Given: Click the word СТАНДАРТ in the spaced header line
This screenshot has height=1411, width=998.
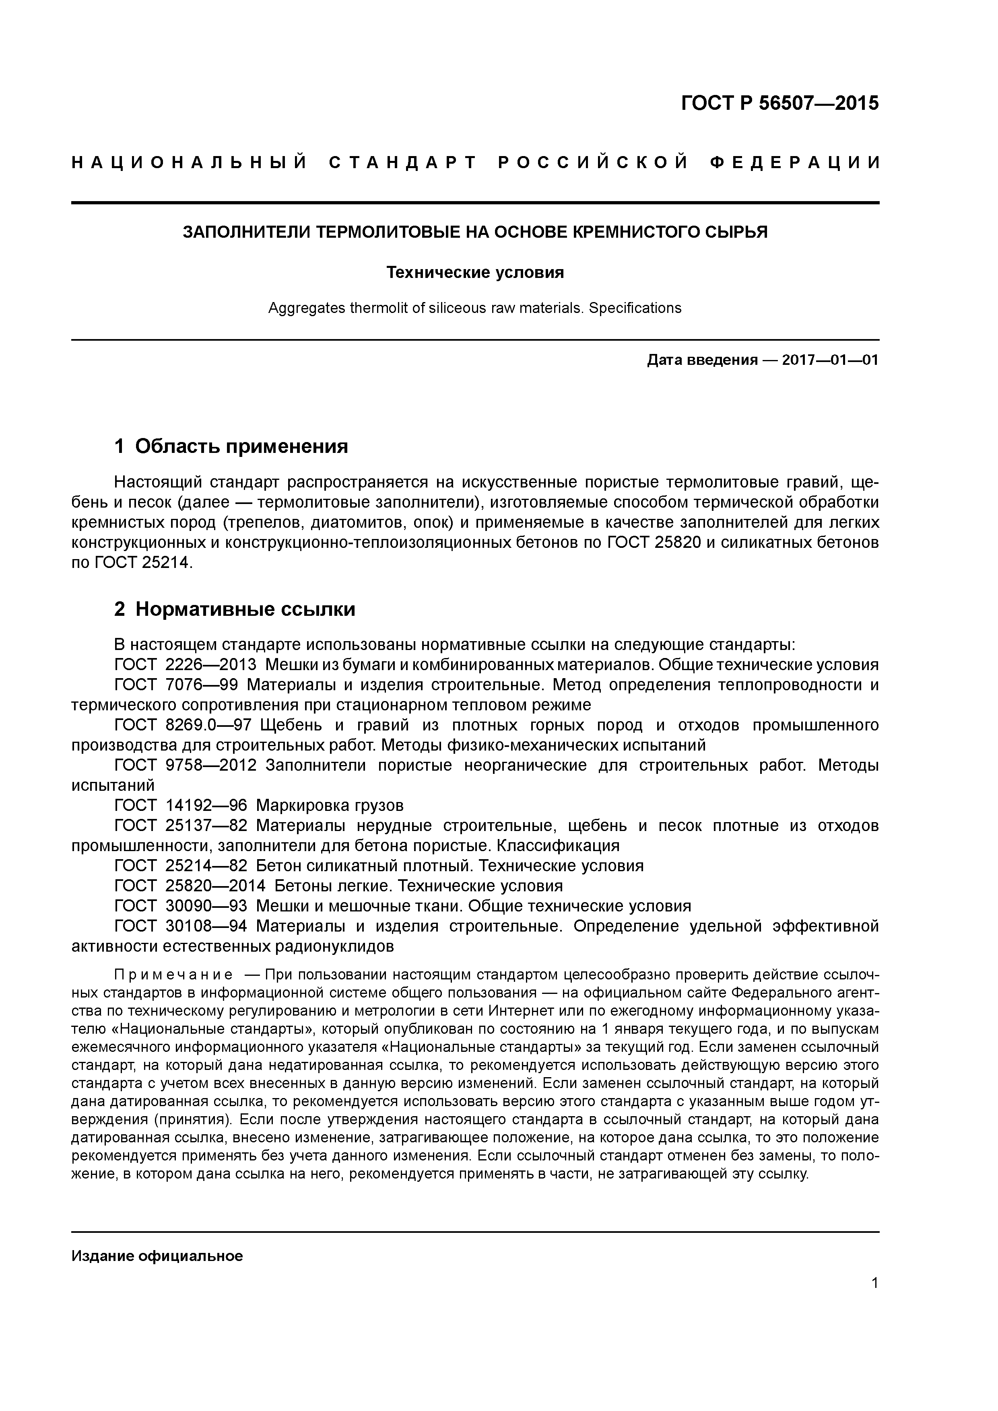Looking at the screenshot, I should coord(403,163).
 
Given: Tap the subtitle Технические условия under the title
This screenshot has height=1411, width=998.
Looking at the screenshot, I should coord(475,272).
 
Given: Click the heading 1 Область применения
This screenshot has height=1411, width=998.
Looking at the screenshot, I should coord(231,446).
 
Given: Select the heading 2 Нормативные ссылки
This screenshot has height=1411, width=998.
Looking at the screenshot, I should coord(235,609).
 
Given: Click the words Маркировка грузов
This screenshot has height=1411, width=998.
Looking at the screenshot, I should coord(330,806).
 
